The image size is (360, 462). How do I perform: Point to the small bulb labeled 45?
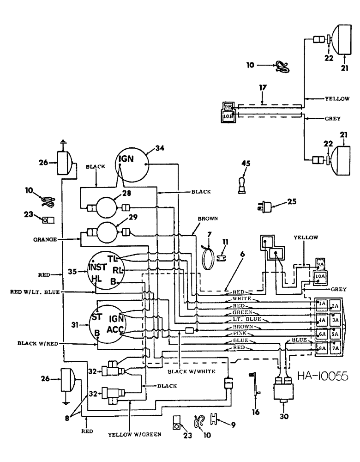[241, 182]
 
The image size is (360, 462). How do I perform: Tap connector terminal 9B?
[228, 107]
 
